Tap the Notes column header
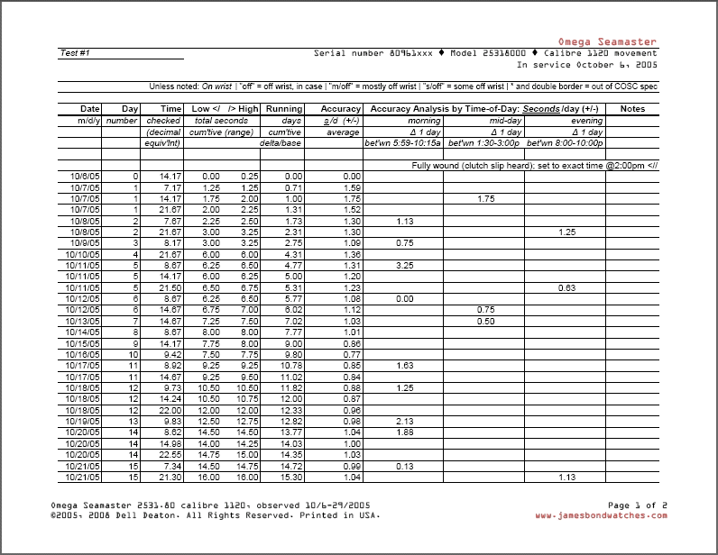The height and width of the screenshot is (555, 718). click(632, 109)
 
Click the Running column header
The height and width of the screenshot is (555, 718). click(284, 109)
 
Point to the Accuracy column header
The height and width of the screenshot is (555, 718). click(341, 109)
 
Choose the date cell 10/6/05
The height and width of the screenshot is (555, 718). click(85, 176)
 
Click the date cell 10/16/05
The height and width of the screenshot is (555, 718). click(85, 355)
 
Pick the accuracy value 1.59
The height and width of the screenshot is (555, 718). click(352, 187)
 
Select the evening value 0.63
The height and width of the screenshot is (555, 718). click(566, 287)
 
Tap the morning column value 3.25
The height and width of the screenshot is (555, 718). click(404, 266)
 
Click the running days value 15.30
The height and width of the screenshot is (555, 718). click(290, 477)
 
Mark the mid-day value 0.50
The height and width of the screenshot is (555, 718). click(485, 321)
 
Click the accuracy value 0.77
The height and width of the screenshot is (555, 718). click(352, 355)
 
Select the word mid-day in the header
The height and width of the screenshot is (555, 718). click(506, 121)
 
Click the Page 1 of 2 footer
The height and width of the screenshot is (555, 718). click(638, 505)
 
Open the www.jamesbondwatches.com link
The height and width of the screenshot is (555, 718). click(601, 516)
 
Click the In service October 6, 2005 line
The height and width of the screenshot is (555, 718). click(587, 65)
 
